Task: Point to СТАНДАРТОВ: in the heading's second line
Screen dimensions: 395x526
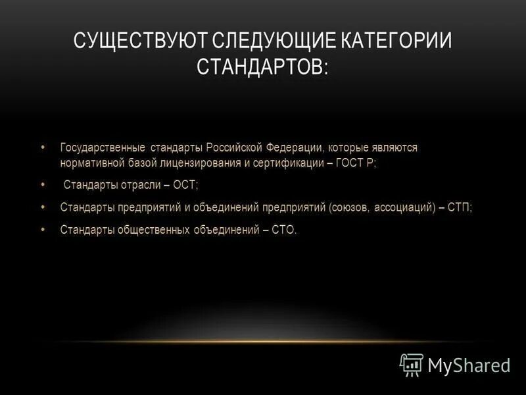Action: (262, 67)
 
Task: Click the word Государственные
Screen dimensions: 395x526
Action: (102, 147)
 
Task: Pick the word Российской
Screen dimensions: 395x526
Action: (234, 147)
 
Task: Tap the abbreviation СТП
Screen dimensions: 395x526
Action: (460, 207)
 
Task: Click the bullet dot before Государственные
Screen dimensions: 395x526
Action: (43, 147)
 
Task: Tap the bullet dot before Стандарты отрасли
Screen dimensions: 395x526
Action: (43, 184)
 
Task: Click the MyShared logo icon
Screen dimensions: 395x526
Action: (412, 363)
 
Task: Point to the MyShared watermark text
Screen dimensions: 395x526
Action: (469, 365)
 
